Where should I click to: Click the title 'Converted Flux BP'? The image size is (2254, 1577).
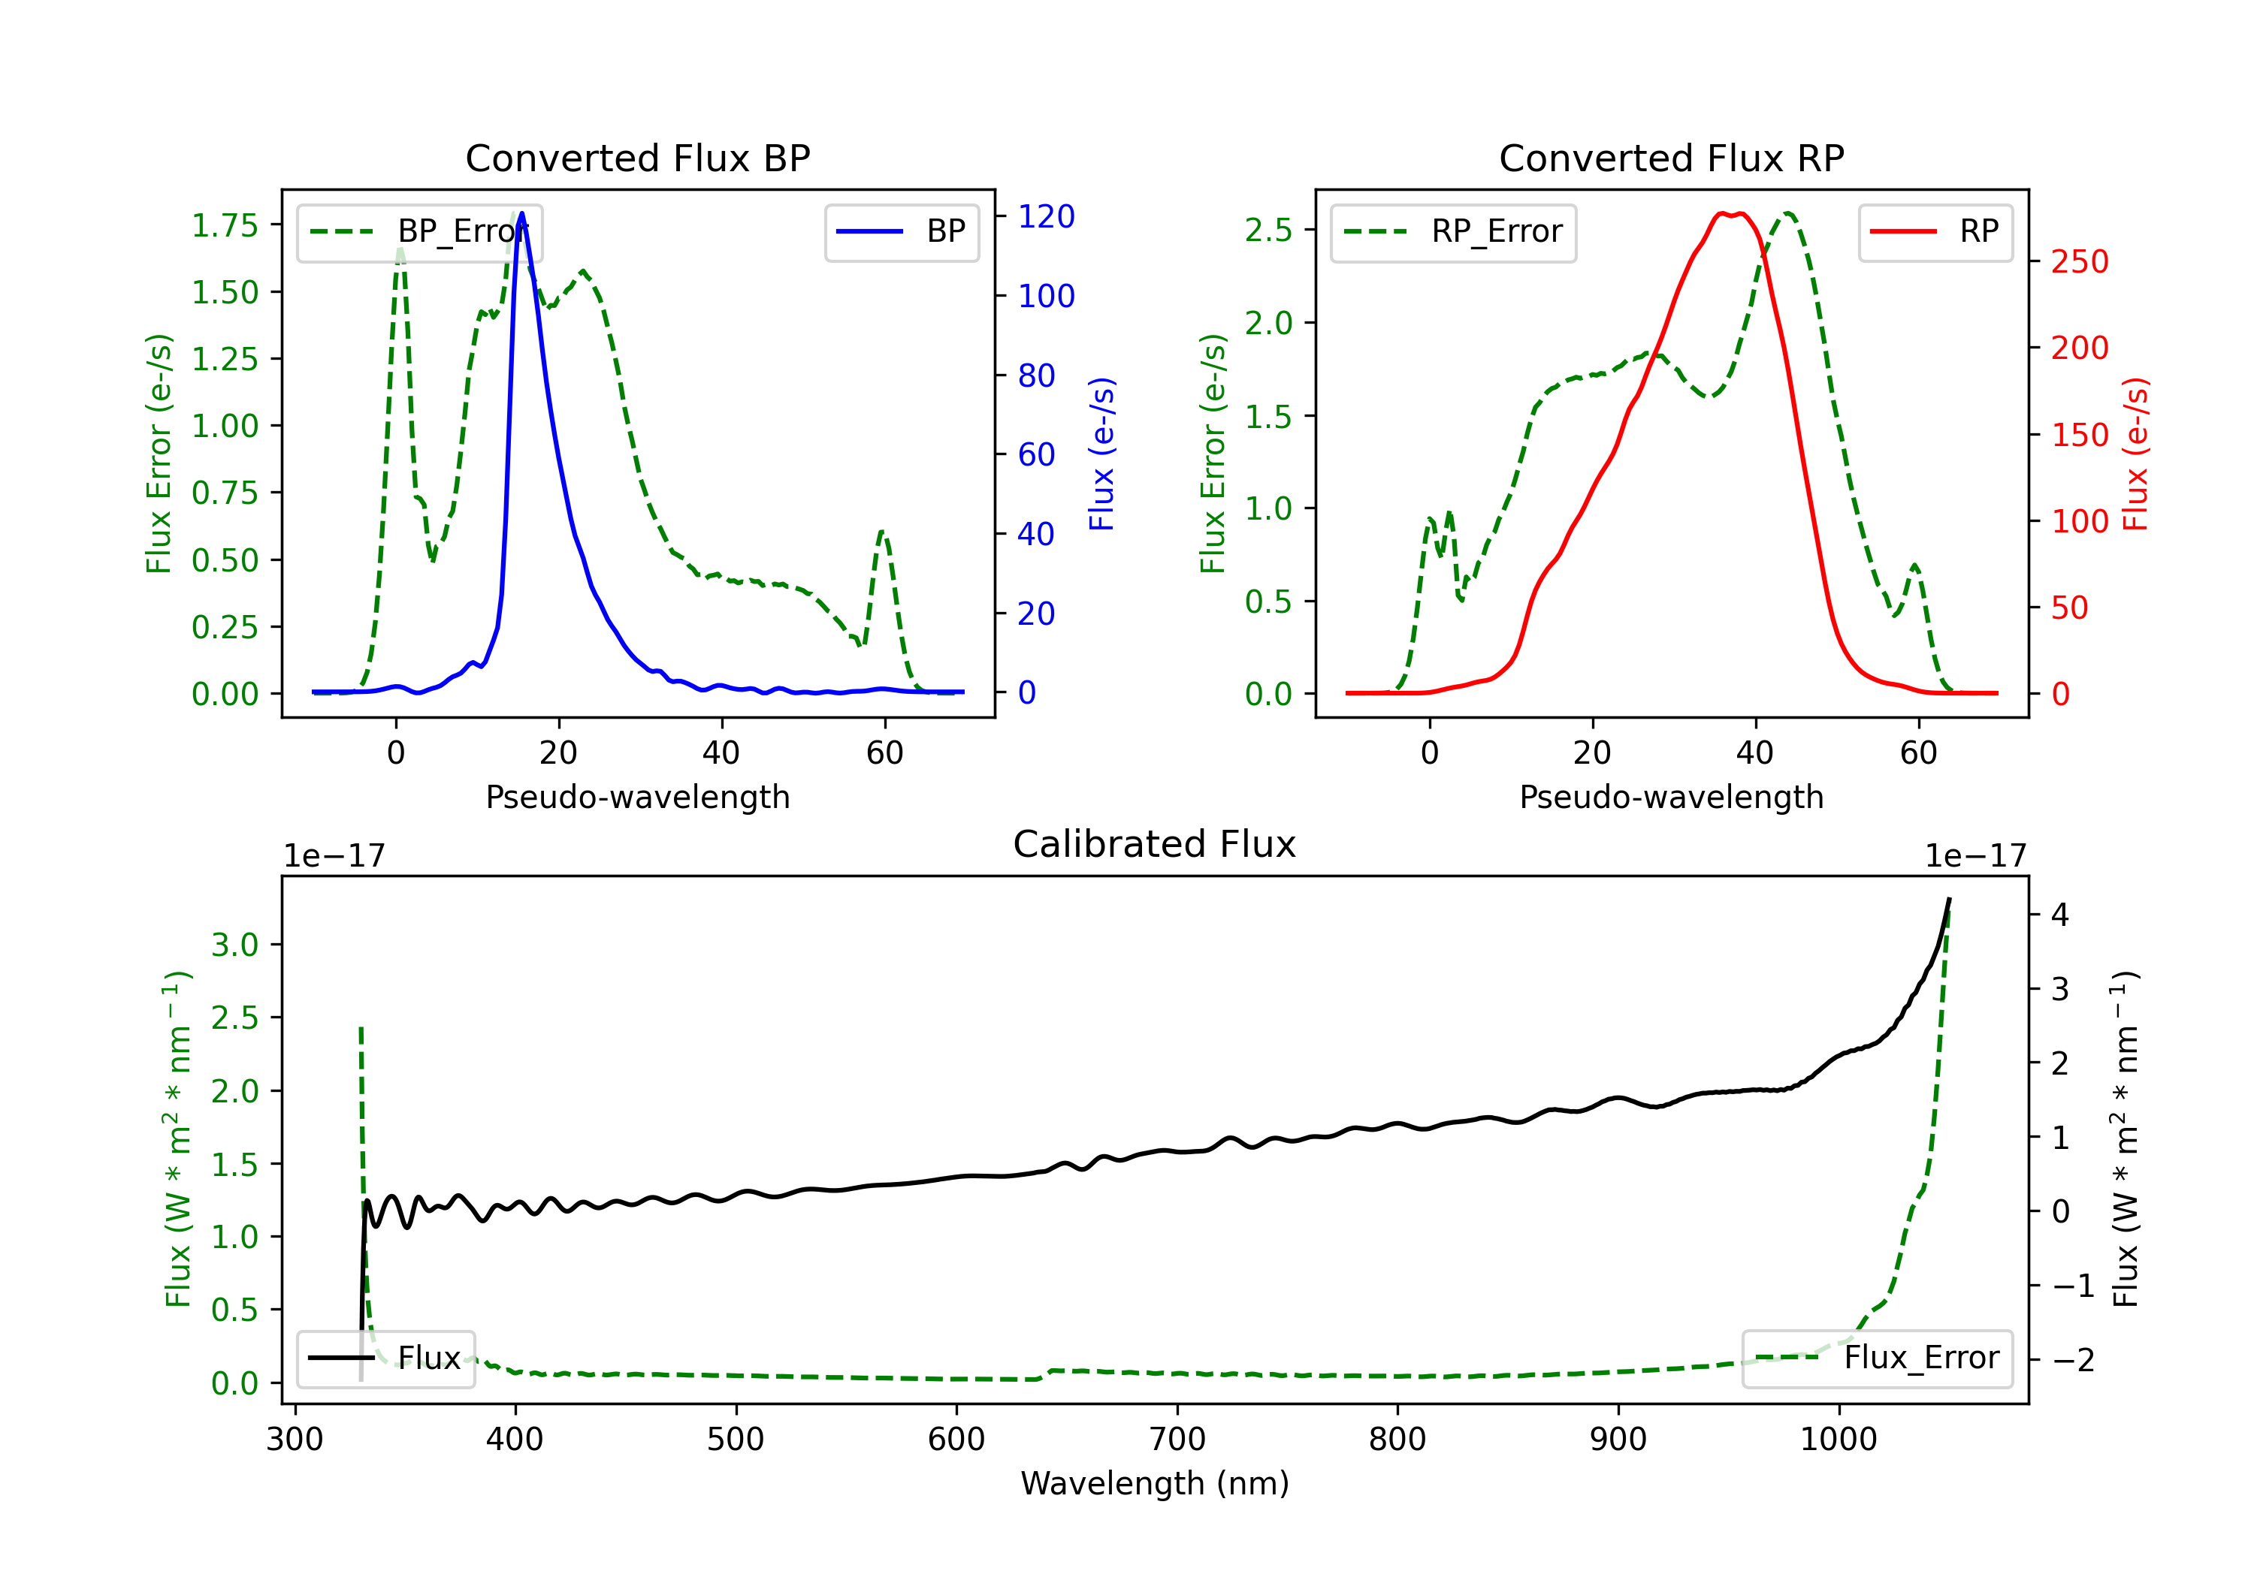(637, 158)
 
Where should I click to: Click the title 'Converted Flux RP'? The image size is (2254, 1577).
(1671, 158)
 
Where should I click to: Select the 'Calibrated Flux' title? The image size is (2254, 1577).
(1155, 844)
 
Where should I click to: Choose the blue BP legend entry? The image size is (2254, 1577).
(901, 231)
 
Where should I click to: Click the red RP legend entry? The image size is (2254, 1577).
(1935, 231)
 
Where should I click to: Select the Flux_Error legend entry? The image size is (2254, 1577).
(1877, 1358)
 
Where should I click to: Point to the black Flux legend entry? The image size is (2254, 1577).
(385, 1358)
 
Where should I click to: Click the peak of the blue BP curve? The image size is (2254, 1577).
(521, 213)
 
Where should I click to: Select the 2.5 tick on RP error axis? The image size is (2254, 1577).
(1268, 231)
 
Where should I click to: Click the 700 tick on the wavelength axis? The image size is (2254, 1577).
(1177, 1440)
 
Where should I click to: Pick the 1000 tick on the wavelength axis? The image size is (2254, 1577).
(1839, 1440)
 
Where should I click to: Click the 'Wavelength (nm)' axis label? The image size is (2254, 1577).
(1155, 1484)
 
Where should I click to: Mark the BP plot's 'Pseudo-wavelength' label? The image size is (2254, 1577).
(638, 798)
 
